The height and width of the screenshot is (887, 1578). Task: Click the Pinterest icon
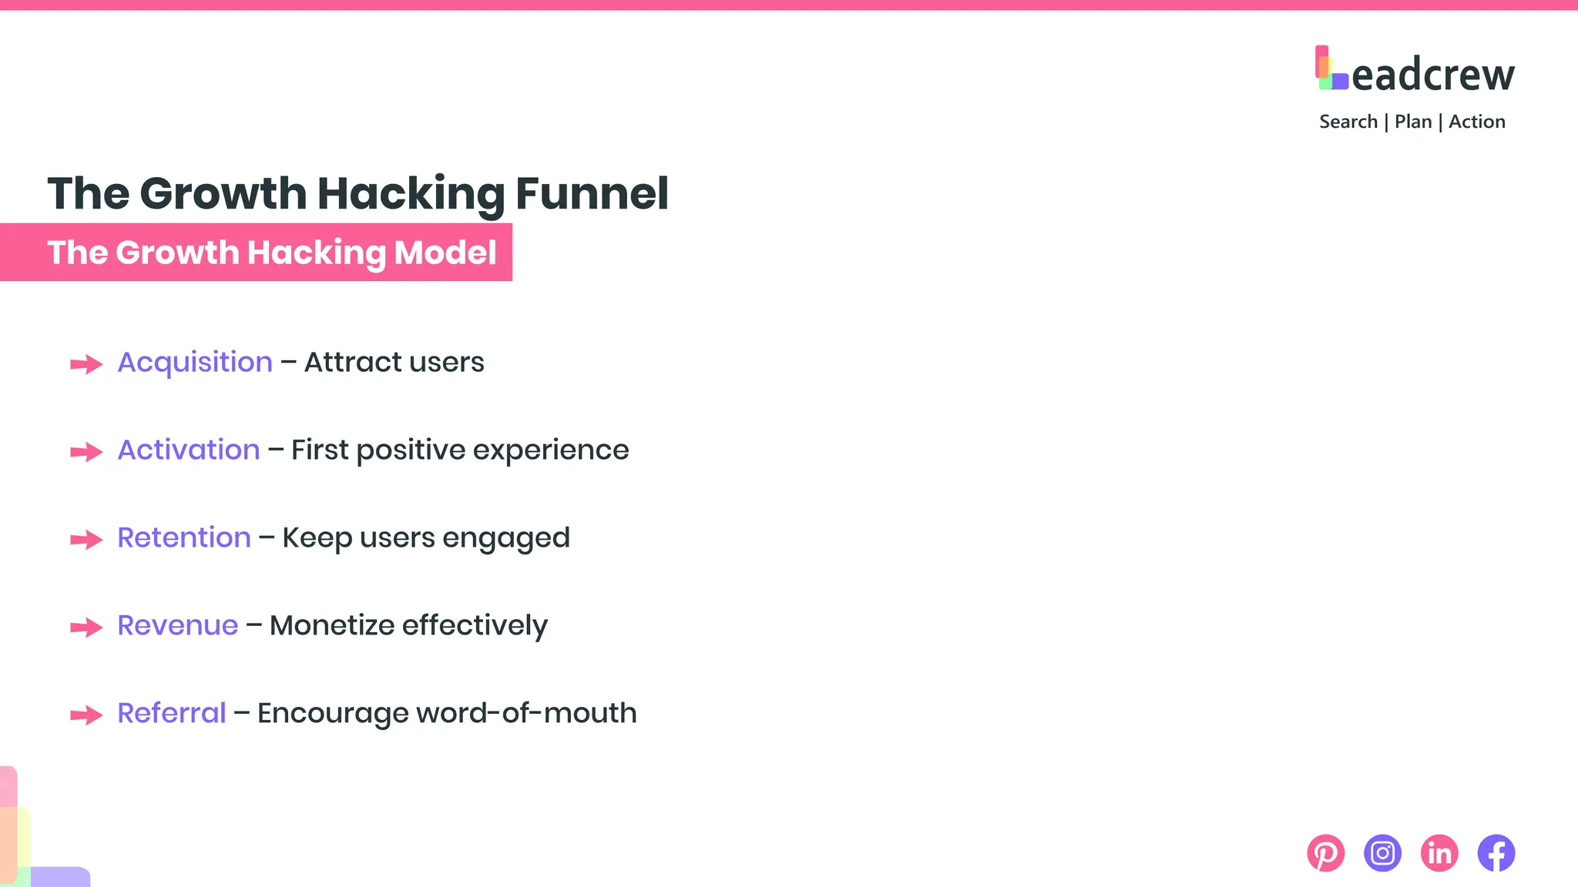(1325, 853)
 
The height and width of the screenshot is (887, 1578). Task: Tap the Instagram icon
(1382, 853)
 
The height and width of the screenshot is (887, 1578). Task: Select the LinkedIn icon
(1439, 853)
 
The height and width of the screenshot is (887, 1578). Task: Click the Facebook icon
(1496, 853)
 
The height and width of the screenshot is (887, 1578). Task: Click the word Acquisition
(195, 362)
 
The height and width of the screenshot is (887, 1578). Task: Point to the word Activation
(189, 450)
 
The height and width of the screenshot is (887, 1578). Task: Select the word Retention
(184, 537)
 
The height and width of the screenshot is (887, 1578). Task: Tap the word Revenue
(178, 625)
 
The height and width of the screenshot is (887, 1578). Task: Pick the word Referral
(172, 713)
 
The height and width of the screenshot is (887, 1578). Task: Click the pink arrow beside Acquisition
(86, 364)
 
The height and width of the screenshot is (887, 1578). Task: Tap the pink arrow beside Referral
(86, 715)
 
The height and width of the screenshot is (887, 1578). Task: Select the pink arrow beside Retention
(86, 540)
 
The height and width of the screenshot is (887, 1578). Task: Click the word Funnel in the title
(592, 193)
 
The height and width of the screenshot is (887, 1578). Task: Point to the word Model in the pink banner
(445, 253)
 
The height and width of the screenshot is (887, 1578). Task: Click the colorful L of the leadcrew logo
(1331, 69)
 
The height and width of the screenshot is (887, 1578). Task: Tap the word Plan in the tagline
(1413, 122)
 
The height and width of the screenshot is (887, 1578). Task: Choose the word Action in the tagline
(1476, 122)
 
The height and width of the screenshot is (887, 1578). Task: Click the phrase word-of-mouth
(526, 713)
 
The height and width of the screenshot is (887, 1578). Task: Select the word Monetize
(332, 625)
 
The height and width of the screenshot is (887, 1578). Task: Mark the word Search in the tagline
(1348, 122)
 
